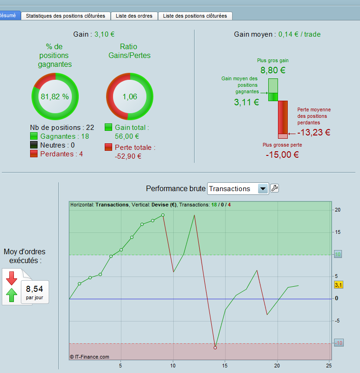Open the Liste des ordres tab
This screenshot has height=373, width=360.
coord(134,16)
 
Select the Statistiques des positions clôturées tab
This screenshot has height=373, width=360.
coord(66,16)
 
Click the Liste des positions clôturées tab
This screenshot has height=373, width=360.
coord(195,16)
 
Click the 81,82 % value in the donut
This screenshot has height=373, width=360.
coord(55,96)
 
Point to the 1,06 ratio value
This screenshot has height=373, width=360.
coord(130,96)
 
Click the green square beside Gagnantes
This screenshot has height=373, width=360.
coord(34,136)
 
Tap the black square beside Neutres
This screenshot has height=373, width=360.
coord(34,145)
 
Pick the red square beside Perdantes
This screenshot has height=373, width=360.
coord(34,154)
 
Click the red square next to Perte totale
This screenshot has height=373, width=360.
coord(108,147)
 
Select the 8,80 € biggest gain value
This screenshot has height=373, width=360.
coord(273,70)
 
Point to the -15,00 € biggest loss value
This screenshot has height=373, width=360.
coord(282,154)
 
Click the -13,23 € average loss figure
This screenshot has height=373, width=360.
coord(314,132)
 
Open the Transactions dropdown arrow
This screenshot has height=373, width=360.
coord(263,189)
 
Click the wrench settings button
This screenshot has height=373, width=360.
coord(274,188)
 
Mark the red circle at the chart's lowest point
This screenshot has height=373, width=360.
coord(215,348)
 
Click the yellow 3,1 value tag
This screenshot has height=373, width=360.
coord(338,285)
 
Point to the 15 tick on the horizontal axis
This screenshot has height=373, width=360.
coord(225,366)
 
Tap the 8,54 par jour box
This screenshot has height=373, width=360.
coord(35,292)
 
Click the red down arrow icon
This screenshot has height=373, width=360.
coord(12,278)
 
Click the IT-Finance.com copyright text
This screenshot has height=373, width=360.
coord(89,357)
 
